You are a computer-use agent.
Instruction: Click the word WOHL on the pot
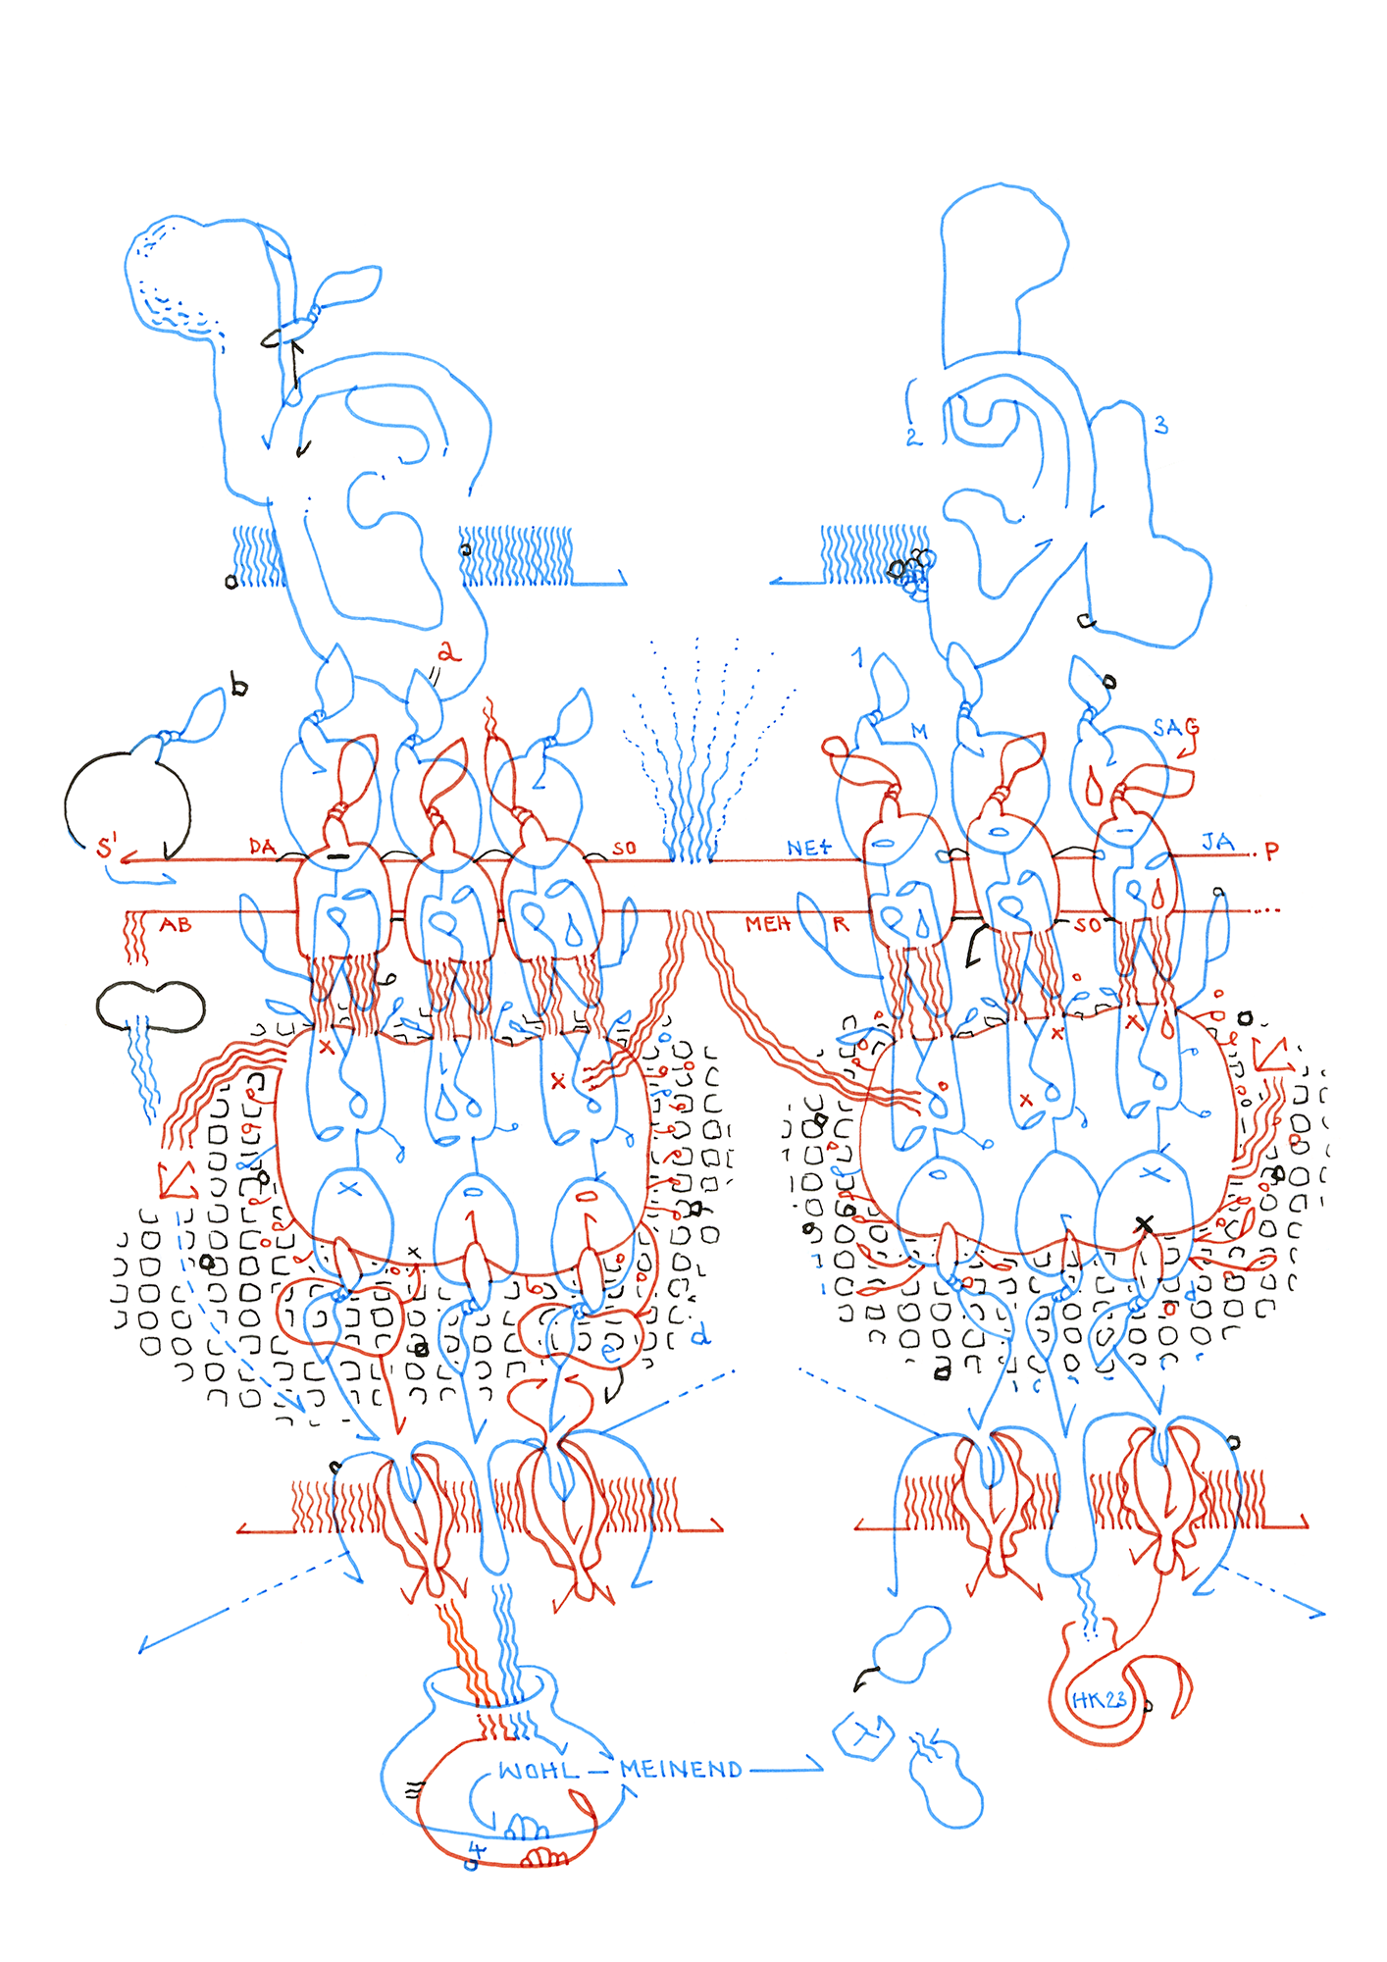[539, 1771]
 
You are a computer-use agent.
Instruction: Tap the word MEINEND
[681, 1770]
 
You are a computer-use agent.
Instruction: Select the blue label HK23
[1099, 1700]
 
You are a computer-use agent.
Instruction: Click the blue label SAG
[1174, 728]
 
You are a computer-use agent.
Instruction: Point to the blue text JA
[1217, 842]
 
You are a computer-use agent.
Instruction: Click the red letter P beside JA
[1271, 852]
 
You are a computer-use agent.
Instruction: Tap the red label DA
[262, 847]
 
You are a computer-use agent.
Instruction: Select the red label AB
[176, 924]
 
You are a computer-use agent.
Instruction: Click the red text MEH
[767, 924]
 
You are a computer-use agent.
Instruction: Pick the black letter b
[238, 686]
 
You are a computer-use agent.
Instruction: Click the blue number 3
[1160, 425]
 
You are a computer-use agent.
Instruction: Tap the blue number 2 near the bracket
[912, 437]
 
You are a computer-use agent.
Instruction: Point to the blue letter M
[919, 731]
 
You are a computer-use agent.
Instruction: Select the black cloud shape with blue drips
[150, 1006]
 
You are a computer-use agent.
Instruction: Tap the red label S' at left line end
[107, 847]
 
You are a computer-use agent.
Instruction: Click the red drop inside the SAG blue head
[1093, 788]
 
